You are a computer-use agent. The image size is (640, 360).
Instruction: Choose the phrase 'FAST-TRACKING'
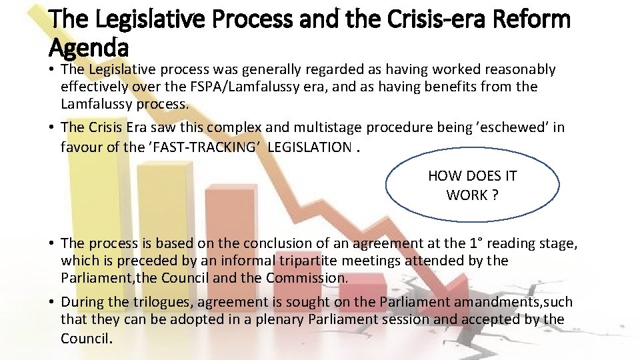pos(203,147)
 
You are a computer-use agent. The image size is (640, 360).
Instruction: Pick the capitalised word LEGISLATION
pos(309,147)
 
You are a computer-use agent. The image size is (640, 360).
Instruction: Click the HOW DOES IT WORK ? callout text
pos(472,185)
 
